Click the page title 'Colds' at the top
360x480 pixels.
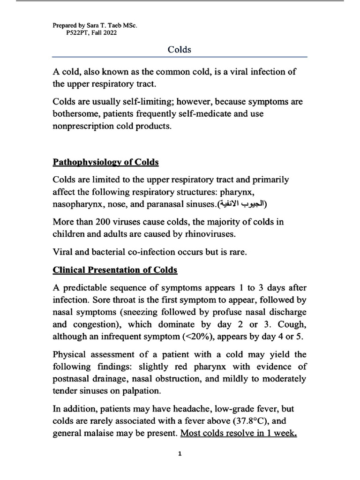click(180, 49)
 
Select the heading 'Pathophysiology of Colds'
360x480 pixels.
click(105, 162)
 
